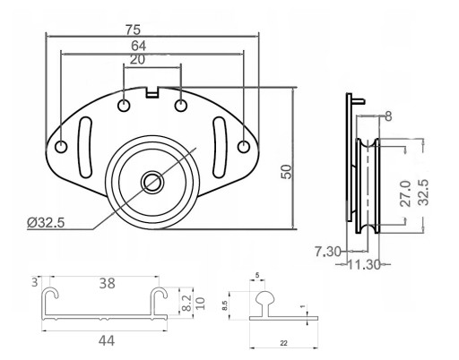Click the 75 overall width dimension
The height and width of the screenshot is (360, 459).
(x=133, y=30)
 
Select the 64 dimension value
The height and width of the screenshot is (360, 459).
(x=139, y=46)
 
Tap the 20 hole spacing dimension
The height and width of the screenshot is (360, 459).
(x=137, y=60)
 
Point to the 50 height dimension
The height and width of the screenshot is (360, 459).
(x=286, y=172)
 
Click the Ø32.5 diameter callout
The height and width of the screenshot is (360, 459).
(x=46, y=222)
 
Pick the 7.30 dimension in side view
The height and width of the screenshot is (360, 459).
(x=327, y=252)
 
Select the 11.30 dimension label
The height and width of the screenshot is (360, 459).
(x=364, y=264)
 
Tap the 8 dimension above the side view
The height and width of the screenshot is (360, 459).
(x=388, y=116)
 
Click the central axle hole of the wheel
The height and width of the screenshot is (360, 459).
(x=152, y=182)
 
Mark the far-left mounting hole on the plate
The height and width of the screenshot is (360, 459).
(x=61, y=147)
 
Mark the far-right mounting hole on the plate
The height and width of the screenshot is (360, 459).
(x=244, y=147)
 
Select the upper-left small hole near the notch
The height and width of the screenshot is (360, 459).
(x=124, y=106)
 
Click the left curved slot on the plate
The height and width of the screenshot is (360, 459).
(x=85, y=148)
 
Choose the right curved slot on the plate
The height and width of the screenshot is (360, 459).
(x=220, y=148)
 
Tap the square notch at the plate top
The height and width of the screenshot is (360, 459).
(x=152, y=92)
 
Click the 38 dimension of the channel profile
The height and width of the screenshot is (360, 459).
(x=107, y=283)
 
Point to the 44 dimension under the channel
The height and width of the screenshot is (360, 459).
(x=107, y=340)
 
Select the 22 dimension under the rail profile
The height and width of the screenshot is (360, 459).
(x=283, y=343)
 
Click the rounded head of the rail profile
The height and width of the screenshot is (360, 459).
(x=264, y=297)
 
